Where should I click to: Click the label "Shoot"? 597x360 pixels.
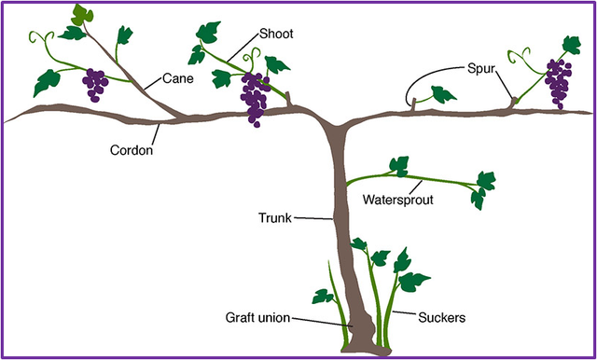[276, 34]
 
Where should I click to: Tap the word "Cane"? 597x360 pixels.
[178, 78]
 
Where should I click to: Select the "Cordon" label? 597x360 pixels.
[132, 150]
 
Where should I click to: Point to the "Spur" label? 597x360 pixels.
[481, 70]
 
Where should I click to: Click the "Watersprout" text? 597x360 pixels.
[398, 200]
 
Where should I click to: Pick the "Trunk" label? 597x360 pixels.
[275, 218]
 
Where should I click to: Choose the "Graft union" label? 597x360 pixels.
[257, 317]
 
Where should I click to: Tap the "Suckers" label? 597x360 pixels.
[441, 317]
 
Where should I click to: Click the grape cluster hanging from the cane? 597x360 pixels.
[95, 85]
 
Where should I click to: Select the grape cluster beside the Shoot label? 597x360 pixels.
[255, 99]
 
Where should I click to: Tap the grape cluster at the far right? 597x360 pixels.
[558, 84]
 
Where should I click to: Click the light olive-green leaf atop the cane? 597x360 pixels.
[82, 15]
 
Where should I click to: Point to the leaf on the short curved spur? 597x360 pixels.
[443, 94]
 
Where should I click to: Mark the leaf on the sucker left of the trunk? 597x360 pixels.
[322, 297]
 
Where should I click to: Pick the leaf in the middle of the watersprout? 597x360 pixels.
[399, 166]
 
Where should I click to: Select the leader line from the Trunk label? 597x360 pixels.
[313, 218]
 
